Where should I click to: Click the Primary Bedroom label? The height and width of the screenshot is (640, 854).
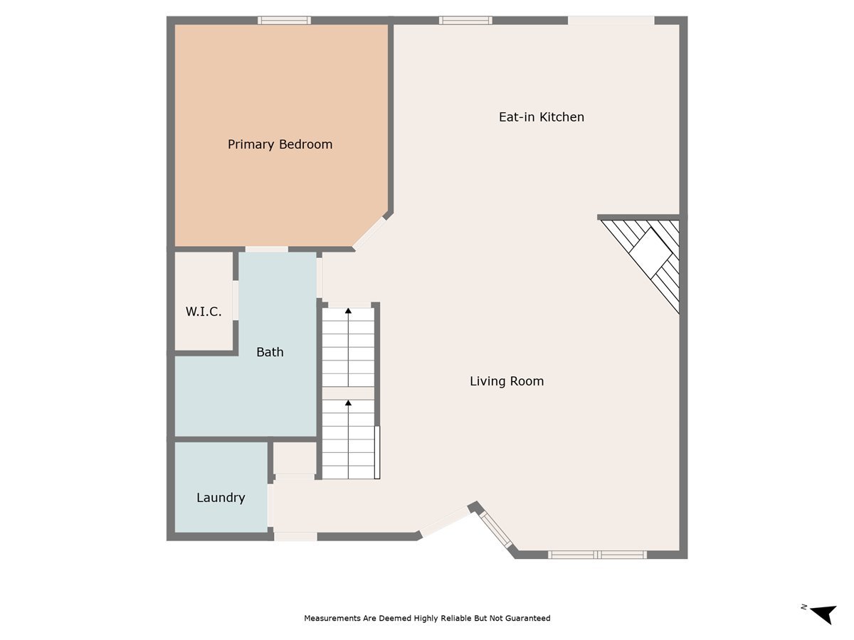[x=280, y=144]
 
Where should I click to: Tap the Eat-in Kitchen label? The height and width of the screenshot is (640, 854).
[x=541, y=117]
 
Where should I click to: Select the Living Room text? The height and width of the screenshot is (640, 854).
[x=507, y=381]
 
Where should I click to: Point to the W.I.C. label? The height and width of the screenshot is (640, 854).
[x=204, y=311]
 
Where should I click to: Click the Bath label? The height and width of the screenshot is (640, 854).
[x=270, y=352]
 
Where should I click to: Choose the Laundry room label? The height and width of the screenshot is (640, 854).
[x=221, y=498]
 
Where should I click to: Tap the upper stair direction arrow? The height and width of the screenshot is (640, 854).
[x=348, y=311]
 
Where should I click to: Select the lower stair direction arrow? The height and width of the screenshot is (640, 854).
[x=348, y=404]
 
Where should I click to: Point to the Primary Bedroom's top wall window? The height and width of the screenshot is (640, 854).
[x=284, y=21]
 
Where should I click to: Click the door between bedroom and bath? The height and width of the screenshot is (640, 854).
[x=266, y=249]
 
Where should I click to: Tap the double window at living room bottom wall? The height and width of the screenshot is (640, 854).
[x=597, y=555]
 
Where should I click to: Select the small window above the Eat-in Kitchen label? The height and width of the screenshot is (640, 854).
[x=465, y=21]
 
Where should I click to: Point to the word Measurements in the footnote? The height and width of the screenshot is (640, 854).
[x=332, y=619]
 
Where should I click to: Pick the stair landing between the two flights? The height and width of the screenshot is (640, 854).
[x=348, y=393]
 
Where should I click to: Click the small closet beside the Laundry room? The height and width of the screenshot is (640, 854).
[x=295, y=459]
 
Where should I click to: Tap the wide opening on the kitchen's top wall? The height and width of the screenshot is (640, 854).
[x=611, y=21]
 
